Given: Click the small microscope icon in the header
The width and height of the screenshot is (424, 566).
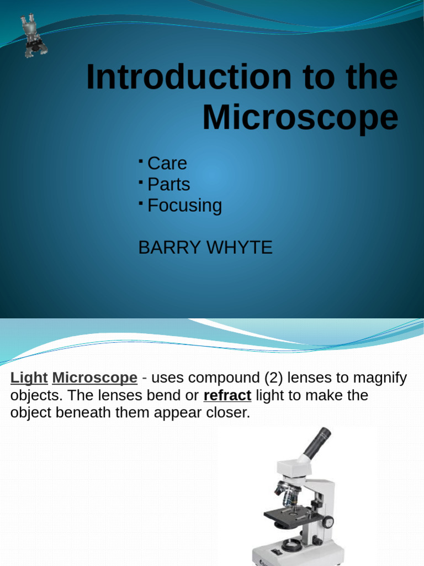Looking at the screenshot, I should click(x=34, y=36).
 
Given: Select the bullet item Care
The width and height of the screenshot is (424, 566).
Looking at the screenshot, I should click(x=167, y=163).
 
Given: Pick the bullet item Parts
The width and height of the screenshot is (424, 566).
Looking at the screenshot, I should click(x=168, y=184).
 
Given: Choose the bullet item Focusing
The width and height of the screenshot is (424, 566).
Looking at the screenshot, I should click(x=184, y=205).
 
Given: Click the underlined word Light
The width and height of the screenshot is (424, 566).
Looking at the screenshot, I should click(x=29, y=378).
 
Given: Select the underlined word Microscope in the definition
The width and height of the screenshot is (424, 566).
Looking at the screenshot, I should click(x=94, y=378).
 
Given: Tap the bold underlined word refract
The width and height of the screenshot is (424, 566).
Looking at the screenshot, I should click(x=227, y=396).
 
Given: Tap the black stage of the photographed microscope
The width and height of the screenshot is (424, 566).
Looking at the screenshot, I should click(x=292, y=517).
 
